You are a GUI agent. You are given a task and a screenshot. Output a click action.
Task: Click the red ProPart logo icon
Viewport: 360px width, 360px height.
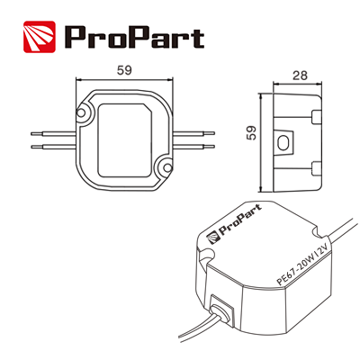point(40,37)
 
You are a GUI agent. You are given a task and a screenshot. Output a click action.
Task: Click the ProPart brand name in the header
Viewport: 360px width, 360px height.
point(133,38)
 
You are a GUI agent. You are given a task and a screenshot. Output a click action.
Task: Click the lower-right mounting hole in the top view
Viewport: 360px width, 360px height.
point(165,167)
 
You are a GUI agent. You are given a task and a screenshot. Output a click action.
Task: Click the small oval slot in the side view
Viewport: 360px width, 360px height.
point(287,141)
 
